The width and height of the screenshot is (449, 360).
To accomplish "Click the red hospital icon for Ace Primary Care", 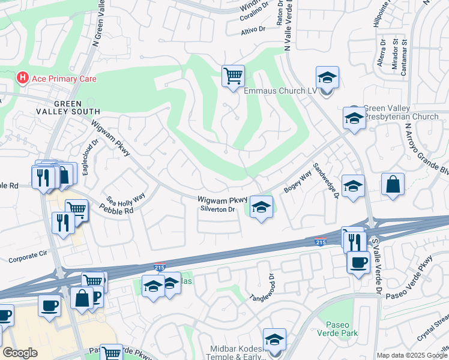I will click(x=23, y=78).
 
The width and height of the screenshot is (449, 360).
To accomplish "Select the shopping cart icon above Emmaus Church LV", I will click(x=233, y=77).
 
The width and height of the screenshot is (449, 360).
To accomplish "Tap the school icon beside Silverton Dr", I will click(x=261, y=208).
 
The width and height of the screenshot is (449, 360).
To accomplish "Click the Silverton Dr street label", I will click(x=218, y=209).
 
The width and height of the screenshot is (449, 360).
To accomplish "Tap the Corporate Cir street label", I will click(x=28, y=258).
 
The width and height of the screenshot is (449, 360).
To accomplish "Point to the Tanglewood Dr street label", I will click(x=264, y=289).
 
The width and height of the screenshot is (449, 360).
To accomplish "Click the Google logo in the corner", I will click(x=20, y=353).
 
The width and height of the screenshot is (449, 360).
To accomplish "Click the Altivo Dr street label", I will click(x=253, y=29).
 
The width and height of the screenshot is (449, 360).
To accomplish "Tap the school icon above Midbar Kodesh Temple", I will click(x=274, y=339).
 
